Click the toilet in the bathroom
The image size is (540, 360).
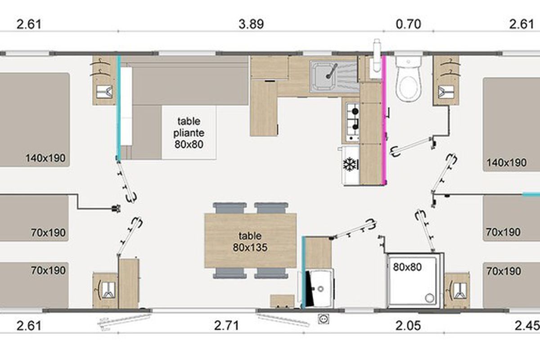[x=409, y=80]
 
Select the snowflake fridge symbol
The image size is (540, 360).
[x=350, y=164]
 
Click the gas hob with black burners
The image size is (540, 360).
[x=353, y=122]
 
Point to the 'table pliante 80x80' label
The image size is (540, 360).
[x=189, y=133]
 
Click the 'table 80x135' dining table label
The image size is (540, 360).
[x=250, y=242]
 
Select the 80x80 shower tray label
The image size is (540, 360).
[x=407, y=267]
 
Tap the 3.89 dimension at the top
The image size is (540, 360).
[x=251, y=24]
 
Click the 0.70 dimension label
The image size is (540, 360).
[x=409, y=24]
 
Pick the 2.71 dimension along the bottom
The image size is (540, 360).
[x=227, y=325]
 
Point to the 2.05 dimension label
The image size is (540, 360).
[x=409, y=325]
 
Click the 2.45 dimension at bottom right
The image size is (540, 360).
[x=527, y=326]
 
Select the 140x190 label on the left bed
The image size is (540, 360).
[x=45, y=158]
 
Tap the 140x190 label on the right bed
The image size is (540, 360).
[x=507, y=163]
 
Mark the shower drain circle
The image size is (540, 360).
[x=430, y=298]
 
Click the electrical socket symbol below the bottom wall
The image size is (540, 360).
[x=323, y=319]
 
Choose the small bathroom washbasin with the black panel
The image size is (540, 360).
[x=319, y=288]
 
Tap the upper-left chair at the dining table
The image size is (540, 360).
[x=230, y=208]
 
